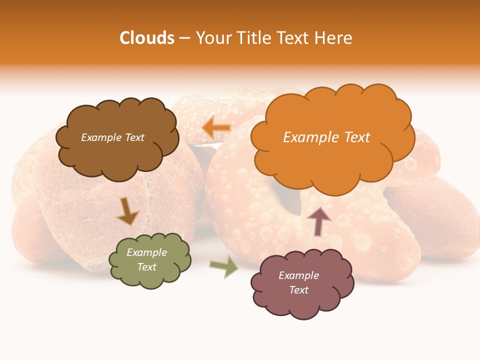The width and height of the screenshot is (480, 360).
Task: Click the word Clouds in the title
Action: pos(147,38)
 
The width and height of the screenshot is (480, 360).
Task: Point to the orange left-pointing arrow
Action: pos(216,128)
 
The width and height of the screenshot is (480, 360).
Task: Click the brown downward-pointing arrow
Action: pos(127,211)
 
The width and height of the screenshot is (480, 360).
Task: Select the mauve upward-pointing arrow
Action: pos(318,221)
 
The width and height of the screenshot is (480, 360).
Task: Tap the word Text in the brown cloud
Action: pos(134,137)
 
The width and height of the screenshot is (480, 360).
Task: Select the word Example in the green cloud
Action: pos(147,253)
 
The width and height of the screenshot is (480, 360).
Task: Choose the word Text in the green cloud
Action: pos(147,267)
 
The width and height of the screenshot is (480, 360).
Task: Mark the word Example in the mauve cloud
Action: pos(298,275)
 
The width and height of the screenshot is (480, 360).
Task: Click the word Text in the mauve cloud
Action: pos(298,290)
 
